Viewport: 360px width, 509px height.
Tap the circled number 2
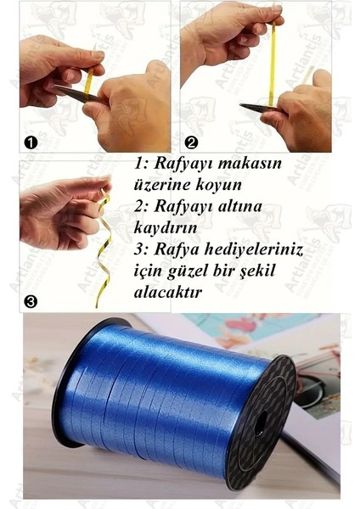pos(191,143)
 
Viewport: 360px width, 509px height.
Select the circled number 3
pos(31,301)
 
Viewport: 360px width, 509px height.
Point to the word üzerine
pos(161,184)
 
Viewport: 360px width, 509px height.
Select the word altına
pos(249,204)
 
